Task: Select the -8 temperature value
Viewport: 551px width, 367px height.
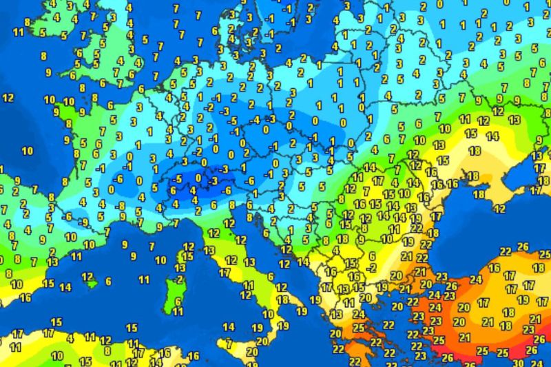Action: pyautogui.click(x=121, y=205)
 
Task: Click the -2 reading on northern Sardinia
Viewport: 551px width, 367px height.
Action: pyautogui.click(x=179, y=280)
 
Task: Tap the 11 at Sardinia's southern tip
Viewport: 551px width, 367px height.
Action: pyautogui.click(x=178, y=312)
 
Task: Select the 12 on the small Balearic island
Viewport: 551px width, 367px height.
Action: pyautogui.click(x=87, y=276)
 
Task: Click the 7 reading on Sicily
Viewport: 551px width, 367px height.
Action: pyautogui.click(x=229, y=343)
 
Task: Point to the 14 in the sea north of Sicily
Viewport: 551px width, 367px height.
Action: pyautogui.click(x=229, y=326)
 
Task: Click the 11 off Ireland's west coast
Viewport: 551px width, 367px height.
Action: pyautogui.click(x=18, y=32)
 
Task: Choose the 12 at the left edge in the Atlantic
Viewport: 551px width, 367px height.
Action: pyautogui.click(x=8, y=98)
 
